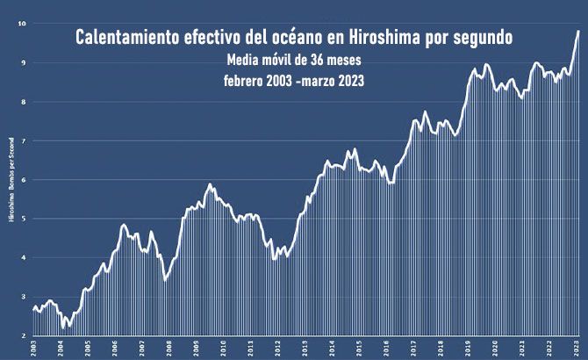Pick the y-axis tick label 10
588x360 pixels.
click(22, 24)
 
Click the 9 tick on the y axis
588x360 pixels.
click(24, 63)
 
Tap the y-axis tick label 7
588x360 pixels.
click(24, 141)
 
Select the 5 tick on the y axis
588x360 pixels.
click(24, 219)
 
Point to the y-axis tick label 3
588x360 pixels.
click(24, 297)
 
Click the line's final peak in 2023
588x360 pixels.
click(578, 32)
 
